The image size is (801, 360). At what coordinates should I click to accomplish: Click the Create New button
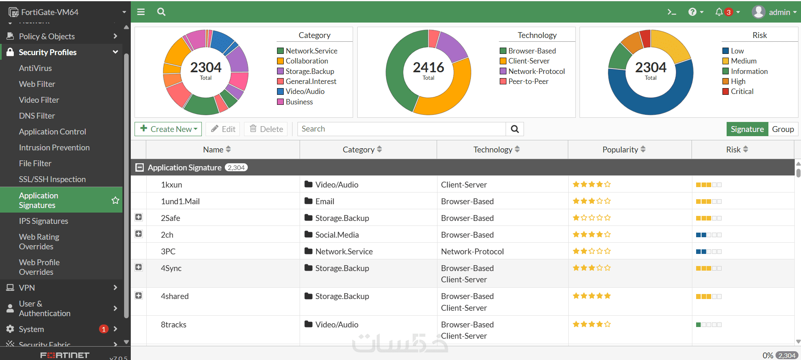tap(168, 129)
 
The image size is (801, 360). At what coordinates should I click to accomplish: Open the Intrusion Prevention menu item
tap(54, 147)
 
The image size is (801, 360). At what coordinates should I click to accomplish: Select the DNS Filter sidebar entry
tap(37, 116)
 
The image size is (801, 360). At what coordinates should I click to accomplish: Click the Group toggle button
tap(783, 129)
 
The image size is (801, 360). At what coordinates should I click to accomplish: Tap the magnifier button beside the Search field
tap(515, 129)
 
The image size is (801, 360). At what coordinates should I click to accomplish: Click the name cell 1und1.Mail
tap(181, 201)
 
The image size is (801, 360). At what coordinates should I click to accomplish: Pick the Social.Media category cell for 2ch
tap(337, 235)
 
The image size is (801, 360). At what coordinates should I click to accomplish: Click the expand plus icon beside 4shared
tap(139, 296)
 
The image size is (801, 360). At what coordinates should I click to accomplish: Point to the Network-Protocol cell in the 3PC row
tap(473, 251)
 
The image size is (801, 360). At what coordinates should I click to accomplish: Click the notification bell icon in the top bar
tap(719, 12)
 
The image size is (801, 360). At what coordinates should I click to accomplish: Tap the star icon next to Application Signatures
tap(115, 200)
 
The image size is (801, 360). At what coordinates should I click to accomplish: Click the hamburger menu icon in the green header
tap(141, 12)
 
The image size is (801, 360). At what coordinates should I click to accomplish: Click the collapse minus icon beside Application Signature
tap(140, 167)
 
